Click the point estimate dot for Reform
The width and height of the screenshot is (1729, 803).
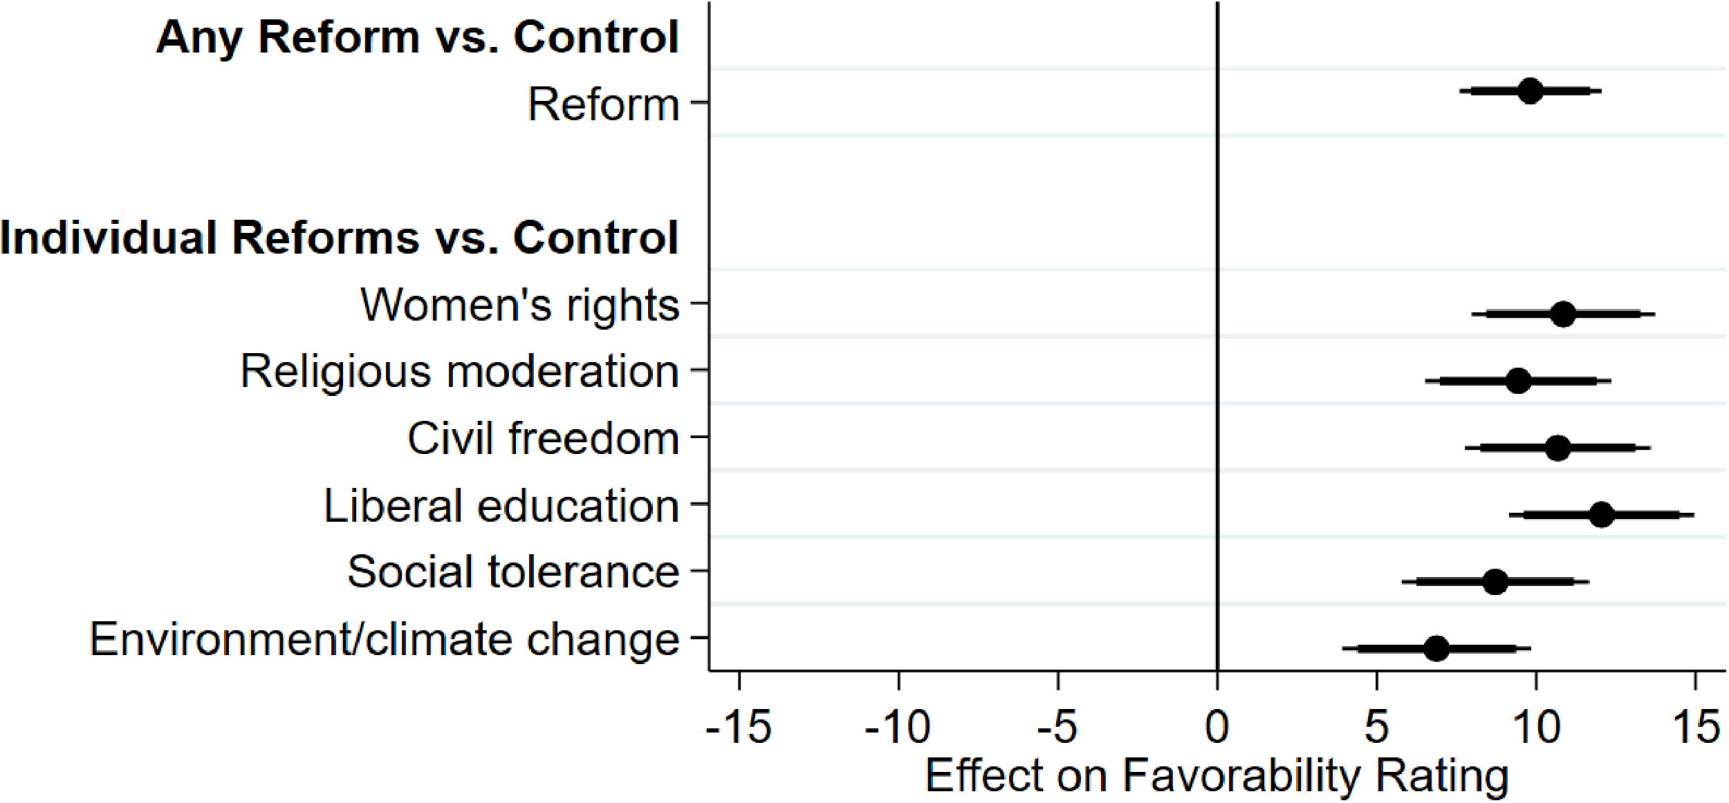1531,91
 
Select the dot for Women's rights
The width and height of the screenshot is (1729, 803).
1563,314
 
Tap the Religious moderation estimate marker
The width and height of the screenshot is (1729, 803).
1518,381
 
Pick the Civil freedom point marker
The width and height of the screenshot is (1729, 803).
1557,448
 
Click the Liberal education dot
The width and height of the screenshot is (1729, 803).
1601,515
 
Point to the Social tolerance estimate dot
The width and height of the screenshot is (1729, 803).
1495,582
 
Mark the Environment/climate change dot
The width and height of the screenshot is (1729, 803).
1436,649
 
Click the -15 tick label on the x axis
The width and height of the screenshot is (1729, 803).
739,728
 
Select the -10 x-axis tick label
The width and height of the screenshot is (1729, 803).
898,728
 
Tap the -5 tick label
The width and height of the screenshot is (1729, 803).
1057,728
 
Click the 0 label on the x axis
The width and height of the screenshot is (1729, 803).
1217,728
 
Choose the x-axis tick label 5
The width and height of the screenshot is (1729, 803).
1376,728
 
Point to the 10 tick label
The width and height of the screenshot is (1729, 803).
1536,728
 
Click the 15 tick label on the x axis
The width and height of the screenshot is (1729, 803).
1695,728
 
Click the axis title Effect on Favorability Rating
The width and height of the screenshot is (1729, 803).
1217,776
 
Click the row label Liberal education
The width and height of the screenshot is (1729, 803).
501,506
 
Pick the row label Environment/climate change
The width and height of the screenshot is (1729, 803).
385,640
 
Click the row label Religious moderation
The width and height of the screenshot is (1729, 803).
459,372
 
